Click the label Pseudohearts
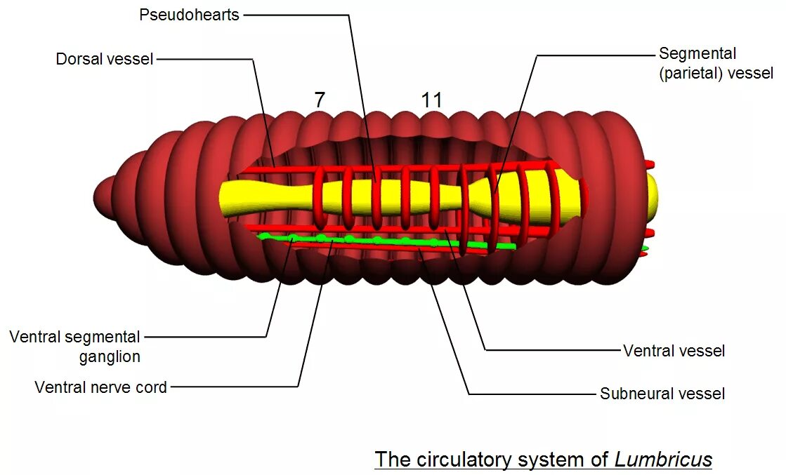[x=190, y=15]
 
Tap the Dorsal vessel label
[x=105, y=59]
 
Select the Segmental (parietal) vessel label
[x=715, y=63]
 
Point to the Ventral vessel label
[x=674, y=351]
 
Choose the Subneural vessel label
[x=662, y=394]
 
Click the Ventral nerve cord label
[x=101, y=387]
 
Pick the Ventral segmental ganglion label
[x=75, y=347]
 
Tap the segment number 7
[x=320, y=100]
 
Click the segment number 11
[x=432, y=100]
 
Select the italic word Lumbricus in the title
[x=663, y=460]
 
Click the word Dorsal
[x=79, y=59]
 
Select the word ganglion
[x=110, y=356]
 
